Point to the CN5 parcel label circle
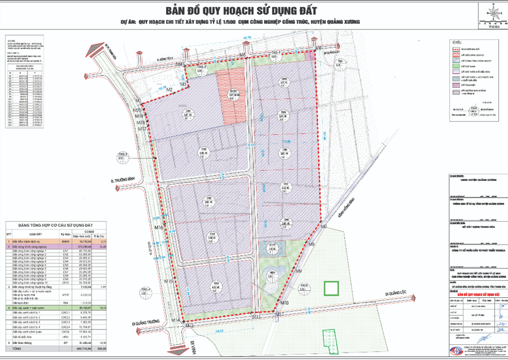[x=216, y=287]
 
